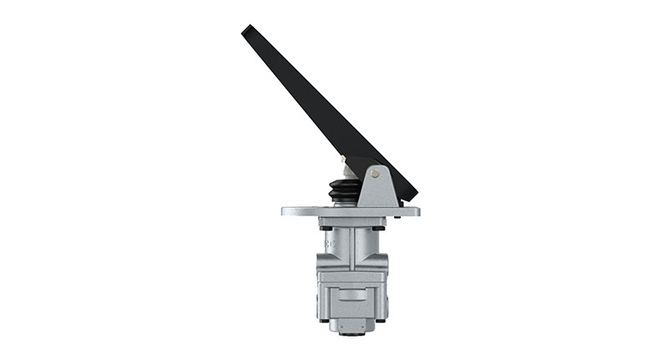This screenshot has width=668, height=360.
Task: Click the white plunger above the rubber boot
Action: coord(346,174)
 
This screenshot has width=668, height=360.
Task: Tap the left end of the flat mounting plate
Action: coord(286,211)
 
